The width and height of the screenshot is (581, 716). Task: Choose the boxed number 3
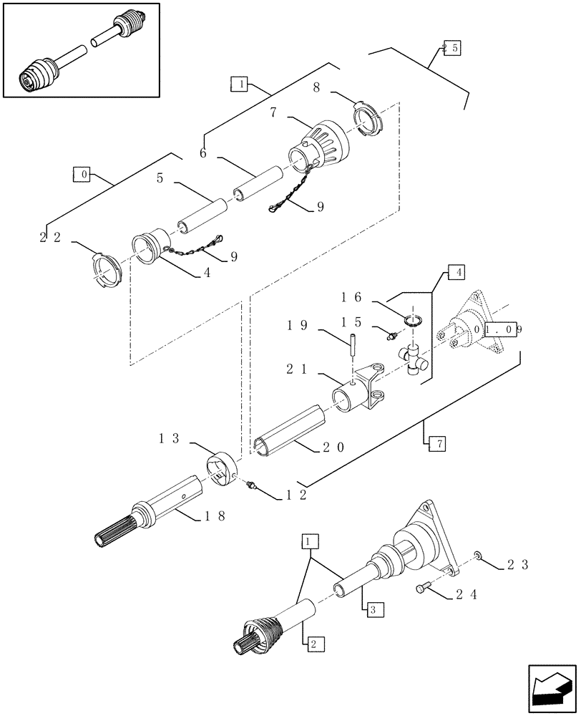tap(373, 610)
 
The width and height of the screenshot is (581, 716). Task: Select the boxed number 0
tap(82, 174)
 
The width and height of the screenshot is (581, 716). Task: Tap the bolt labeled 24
tap(422, 589)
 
